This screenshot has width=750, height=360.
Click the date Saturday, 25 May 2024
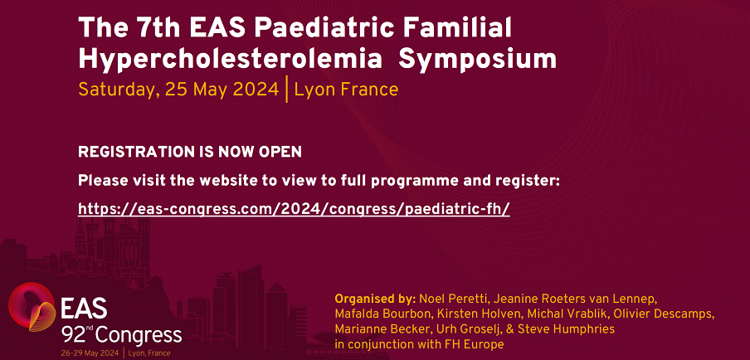(178, 90)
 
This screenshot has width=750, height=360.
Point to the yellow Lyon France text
(346, 90)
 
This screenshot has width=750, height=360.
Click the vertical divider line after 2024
(286, 90)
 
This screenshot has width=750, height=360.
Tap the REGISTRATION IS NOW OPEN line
(190, 152)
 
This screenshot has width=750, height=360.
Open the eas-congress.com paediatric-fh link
(294, 209)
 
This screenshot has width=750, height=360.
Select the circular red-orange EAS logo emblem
(32, 306)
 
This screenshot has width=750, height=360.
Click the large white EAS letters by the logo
(84, 309)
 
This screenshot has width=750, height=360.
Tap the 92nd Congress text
(121, 335)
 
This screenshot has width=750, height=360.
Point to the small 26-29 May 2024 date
(90, 353)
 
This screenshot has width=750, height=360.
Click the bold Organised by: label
(376, 299)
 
